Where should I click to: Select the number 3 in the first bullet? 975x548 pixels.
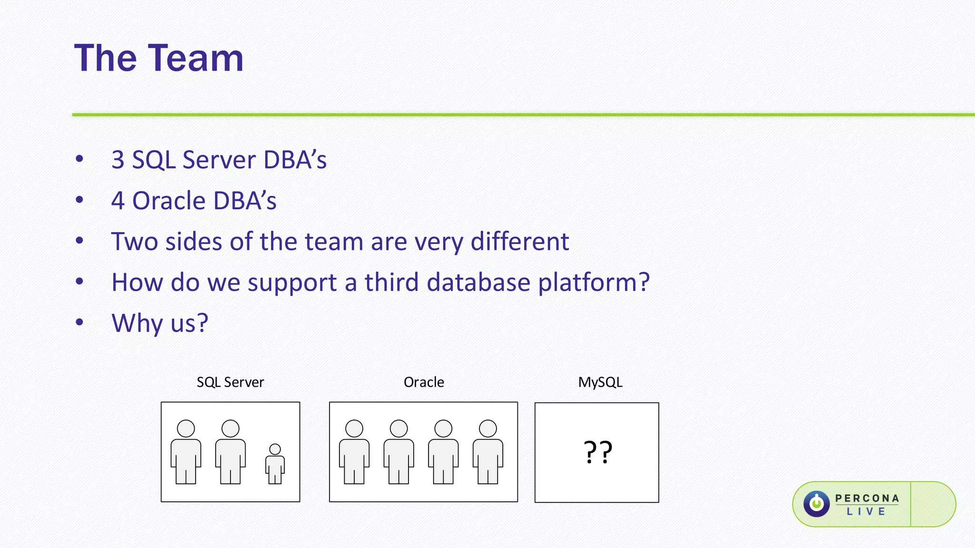click(x=118, y=160)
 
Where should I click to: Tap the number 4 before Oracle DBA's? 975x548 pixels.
click(x=118, y=201)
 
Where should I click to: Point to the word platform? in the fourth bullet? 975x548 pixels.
click(x=594, y=283)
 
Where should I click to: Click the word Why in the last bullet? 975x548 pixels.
click(x=137, y=323)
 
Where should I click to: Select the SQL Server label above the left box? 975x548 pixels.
click(x=230, y=382)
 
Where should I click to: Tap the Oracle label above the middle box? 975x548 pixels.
click(x=424, y=382)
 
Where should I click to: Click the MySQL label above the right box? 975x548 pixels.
click(x=600, y=382)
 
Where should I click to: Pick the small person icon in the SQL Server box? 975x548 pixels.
click(x=275, y=464)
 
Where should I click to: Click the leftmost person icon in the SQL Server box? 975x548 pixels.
click(x=186, y=452)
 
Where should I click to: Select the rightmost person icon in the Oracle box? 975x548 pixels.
click(x=487, y=452)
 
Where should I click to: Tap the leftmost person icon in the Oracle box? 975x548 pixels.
click(x=354, y=452)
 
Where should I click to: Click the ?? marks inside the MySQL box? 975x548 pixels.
click(x=597, y=452)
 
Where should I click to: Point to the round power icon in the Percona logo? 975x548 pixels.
click(x=816, y=504)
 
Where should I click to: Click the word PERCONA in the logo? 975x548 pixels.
click(x=867, y=498)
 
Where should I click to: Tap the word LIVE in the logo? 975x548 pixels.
click(x=866, y=512)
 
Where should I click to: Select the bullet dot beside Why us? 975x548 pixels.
click(x=80, y=322)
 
